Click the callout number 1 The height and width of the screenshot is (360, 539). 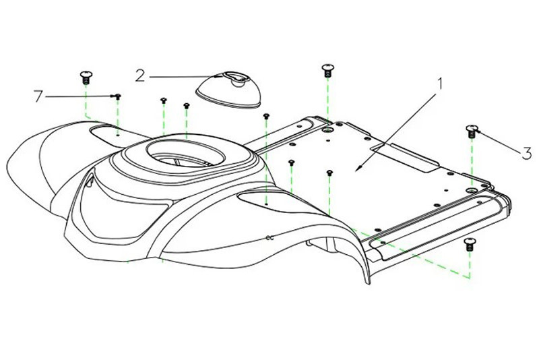pos(441,85)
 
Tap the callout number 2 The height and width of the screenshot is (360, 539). pos(139,74)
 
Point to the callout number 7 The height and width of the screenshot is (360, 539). pos(38,97)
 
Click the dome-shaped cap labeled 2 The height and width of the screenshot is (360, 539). pos(230,90)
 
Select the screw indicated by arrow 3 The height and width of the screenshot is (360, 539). pos(472,131)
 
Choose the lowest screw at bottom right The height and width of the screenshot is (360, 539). pos(470,243)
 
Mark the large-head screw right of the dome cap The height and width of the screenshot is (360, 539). pos(327,68)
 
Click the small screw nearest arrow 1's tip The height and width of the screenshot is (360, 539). pos(329,174)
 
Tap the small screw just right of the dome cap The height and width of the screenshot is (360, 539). pos(267,117)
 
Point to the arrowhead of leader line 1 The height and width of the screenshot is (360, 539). pos(358,167)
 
